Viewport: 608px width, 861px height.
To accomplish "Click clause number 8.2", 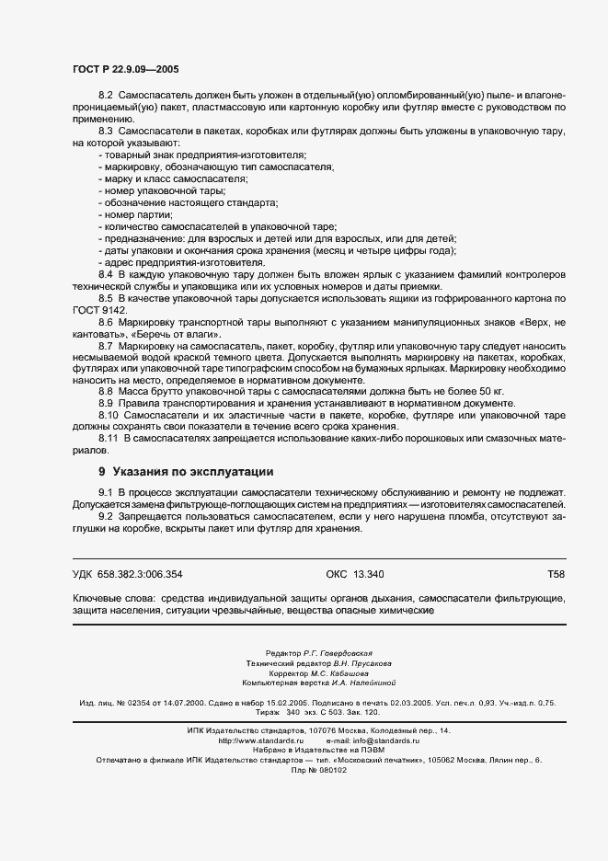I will (x=104, y=96).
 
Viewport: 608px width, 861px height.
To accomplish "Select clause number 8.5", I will (x=104, y=300).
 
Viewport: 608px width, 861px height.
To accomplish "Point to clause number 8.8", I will (x=104, y=392).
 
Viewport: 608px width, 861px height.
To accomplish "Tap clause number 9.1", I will (x=104, y=495).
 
